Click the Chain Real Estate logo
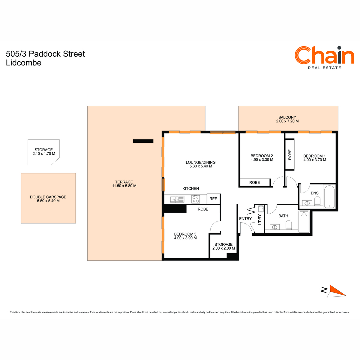[324, 58]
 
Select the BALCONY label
[287, 117]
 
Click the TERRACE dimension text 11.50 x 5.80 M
[124, 186]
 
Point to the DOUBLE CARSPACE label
[48, 197]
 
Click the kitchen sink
[177, 199]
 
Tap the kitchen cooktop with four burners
[196, 199]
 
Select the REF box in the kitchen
[213, 199]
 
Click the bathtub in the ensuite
[329, 196]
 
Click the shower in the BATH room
[304, 222]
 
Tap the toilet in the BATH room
[289, 225]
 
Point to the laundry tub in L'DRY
[261, 209]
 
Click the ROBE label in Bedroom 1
[290, 154]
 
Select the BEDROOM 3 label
[185, 234]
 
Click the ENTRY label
[245, 219]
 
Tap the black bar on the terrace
[143, 141]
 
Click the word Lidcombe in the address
[23, 63]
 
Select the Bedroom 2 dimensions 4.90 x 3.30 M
[262, 160]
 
